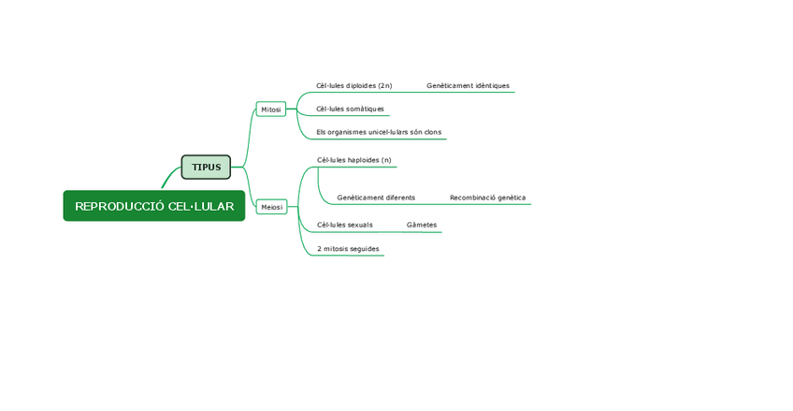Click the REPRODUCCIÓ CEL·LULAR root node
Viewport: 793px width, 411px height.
[154, 206]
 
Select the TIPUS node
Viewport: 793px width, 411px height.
[206, 168]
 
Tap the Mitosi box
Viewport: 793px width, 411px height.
[271, 110]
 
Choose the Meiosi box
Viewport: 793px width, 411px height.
[271, 207]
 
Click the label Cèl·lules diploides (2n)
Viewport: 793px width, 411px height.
[353, 86]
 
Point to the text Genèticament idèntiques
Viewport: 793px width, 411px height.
[468, 86]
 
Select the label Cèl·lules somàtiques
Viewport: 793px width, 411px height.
[350, 110]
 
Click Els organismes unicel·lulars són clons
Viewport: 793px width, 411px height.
[378, 133]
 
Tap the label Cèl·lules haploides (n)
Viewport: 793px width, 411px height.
[353, 160]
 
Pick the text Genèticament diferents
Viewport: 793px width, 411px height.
[376, 198]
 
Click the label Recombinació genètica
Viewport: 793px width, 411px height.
[487, 198]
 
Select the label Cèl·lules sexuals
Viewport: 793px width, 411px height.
[344, 226]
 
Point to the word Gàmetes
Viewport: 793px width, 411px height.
[421, 226]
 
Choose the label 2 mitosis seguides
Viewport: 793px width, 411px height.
[348, 249]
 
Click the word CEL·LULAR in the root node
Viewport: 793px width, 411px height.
[201, 206]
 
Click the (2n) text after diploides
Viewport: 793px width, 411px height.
[384, 86]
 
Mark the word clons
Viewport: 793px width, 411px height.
[432, 133]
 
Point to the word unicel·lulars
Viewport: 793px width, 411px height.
[383, 133]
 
